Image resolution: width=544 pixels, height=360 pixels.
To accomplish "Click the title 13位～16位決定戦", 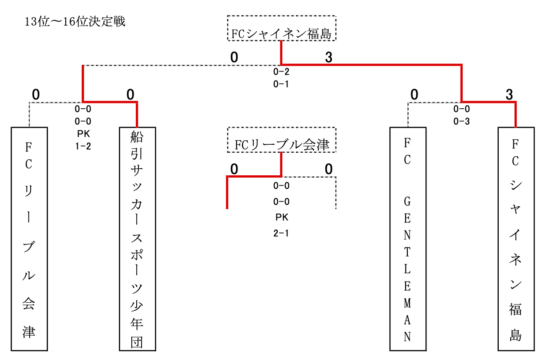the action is pos(75,22).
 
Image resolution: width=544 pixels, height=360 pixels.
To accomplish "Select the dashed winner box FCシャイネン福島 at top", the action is pos(282,28).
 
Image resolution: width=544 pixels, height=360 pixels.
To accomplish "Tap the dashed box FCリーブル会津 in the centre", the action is pos(282,140).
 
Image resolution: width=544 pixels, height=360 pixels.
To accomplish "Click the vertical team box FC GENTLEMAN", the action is pos(408,239).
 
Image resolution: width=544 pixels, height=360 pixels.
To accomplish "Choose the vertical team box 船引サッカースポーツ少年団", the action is pos(138,239).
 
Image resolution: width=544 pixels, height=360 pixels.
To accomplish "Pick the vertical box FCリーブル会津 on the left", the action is pos(29,239).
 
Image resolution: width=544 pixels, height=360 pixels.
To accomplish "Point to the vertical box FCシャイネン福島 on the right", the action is pos(516,239).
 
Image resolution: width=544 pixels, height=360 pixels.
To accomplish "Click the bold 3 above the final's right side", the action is pos(329,58).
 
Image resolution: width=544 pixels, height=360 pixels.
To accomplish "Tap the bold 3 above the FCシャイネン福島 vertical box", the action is pos(509,95).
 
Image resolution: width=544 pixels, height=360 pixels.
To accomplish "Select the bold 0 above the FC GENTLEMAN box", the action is pos(414,95).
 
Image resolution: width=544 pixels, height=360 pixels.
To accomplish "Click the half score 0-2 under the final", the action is pos(281,71).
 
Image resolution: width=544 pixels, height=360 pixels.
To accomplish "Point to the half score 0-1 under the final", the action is pos(281,84).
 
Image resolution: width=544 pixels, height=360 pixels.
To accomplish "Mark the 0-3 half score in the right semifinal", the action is pos(461,122).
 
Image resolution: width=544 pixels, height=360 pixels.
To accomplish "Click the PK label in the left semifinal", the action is pos(83,134).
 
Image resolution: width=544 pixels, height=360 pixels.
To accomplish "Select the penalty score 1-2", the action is pos(83,146).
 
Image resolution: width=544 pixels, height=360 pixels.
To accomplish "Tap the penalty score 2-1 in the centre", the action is pos(281,233).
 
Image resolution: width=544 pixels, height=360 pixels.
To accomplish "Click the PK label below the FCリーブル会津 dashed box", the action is pos(282,218).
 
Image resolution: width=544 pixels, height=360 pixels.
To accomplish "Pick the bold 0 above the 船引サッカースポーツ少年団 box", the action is pos(130,95).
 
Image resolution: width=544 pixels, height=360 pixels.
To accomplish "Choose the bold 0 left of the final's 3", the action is pos(234,58).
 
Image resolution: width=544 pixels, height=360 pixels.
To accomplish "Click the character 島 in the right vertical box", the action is pos(516,336).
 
